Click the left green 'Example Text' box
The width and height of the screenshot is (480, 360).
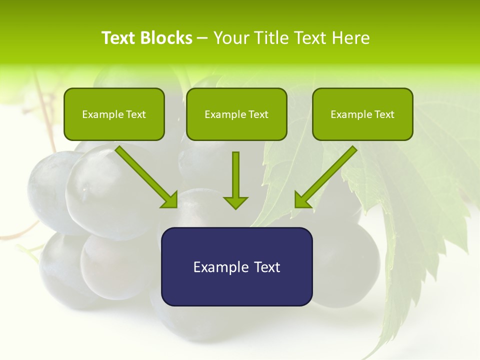pos(114,114)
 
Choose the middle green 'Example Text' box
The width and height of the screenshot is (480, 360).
pos(236,114)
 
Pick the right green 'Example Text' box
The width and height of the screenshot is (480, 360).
pos(362,114)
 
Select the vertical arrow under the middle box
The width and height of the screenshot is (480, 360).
pos(235,175)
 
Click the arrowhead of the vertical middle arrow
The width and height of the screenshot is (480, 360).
pos(235,202)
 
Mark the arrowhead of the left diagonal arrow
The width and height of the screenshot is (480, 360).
pos(170,199)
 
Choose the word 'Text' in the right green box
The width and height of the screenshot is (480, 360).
pos(384,114)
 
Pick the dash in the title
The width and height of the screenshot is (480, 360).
pos(202,38)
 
